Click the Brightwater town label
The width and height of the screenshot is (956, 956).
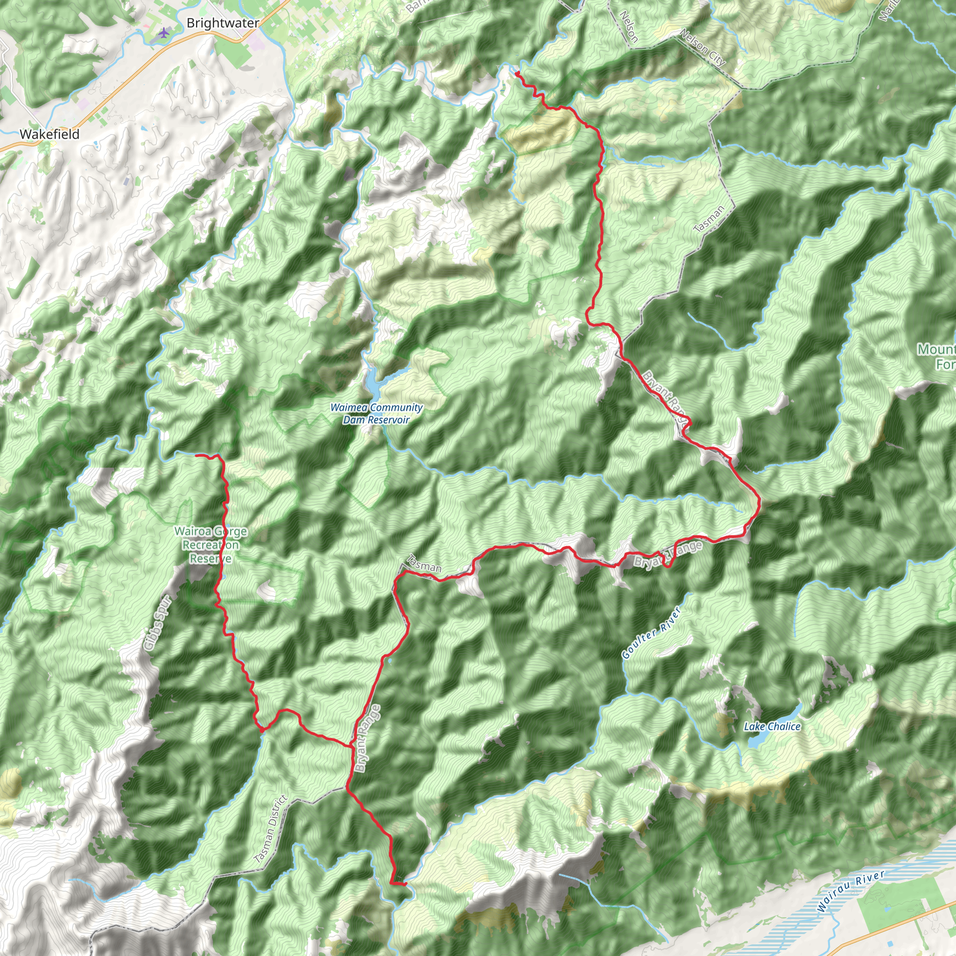coord(223,23)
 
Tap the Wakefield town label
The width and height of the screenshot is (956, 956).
coord(49,134)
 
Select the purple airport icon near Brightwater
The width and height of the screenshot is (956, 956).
coord(164,33)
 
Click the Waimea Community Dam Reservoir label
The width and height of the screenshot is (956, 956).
coord(377,414)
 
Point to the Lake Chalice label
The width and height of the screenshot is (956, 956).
coord(772,726)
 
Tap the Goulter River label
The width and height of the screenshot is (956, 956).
coord(651,633)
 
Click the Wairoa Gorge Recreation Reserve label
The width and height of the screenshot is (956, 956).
coord(211,545)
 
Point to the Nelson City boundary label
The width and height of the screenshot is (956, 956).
coord(703,48)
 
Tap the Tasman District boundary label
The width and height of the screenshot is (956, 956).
coord(271,829)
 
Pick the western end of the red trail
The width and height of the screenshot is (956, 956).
coord(197,455)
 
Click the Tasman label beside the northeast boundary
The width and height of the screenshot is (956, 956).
coord(709,219)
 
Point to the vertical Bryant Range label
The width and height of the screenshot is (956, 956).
coord(368,738)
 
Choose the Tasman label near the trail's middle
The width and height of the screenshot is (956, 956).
coord(423,563)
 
